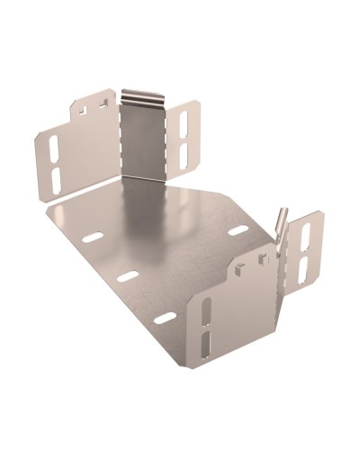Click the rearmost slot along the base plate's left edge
[x=93, y=238]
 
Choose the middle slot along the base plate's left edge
[x=128, y=276]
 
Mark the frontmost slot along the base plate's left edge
[x=165, y=317]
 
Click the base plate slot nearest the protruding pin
[x=238, y=231]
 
